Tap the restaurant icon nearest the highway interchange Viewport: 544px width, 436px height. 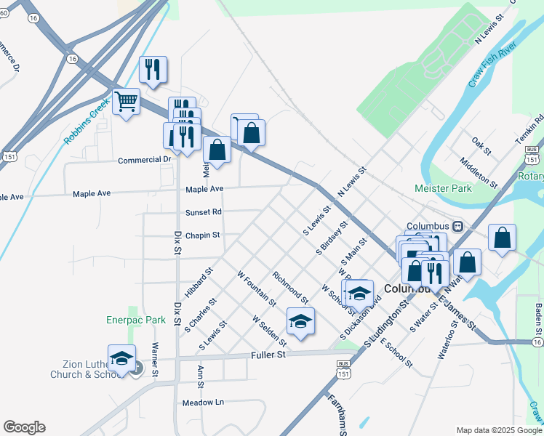pos(153,70)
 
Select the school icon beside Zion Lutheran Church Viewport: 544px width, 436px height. pos(122,358)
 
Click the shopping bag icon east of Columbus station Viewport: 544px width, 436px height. pos(502,238)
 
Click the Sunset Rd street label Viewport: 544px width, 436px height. pos(203,212)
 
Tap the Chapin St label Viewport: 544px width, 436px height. pos(202,235)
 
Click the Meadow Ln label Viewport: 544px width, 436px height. pos(203,402)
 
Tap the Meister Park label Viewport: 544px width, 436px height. pos(443,188)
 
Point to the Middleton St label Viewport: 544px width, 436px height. pos(478,171)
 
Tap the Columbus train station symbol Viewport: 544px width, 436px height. pos(458,225)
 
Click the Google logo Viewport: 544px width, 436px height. pos(24,427)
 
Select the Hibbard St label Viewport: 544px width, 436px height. pos(199,283)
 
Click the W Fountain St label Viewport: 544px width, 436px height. pos(257,288)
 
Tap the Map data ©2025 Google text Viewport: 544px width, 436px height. pos(499,430)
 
